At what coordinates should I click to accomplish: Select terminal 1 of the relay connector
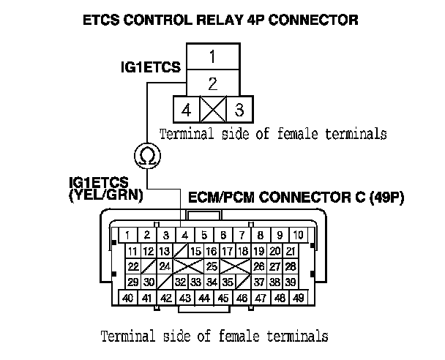pyautogui.click(x=212, y=56)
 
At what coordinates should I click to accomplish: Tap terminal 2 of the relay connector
pyautogui.click(x=212, y=82)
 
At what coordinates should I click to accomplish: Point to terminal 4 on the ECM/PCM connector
pyautogui.click(x=185, y=235)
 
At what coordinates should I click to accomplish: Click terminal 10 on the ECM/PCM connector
pyautogui.click(x=299, y=235)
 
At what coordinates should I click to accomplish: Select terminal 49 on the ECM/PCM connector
pyautogui.click(x=299, y=298)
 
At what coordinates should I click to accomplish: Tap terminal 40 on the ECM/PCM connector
pyautogui.click(x=128, y=298)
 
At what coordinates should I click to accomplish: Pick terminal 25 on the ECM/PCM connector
pyautogui.click(x=212, y=266)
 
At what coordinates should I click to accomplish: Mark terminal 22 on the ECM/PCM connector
pyautogui.click(x=132, y=266)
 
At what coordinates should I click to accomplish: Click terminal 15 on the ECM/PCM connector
pyautogui.click(x=196, y=252)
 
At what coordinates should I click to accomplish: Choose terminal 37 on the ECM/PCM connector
pyautogui.click(x=259, y=282)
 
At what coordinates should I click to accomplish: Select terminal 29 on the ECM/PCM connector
pyautogui.click(x=132, y=282)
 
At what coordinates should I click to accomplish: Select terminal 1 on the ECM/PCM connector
pyautogui.click(x=128, y=235)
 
